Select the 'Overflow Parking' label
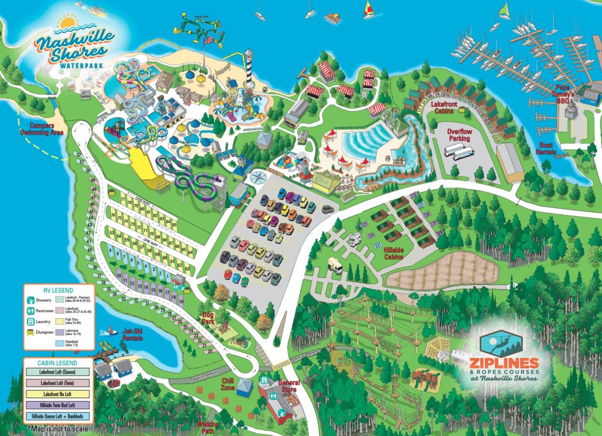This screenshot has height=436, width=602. tap(459, 135)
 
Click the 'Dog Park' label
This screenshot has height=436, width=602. tap(208, 318)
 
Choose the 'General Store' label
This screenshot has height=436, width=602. tap(289, 386)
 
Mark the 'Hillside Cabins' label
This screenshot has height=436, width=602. tap(393, 254)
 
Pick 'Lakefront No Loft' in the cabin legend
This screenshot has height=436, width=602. tap(58, 394)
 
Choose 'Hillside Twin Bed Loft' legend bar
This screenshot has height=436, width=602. tap(58, 405)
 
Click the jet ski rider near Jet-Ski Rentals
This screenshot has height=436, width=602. tap(111, 331)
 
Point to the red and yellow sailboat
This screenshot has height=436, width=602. tap(368, 10)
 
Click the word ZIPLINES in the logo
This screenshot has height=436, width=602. tap(504, 363)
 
